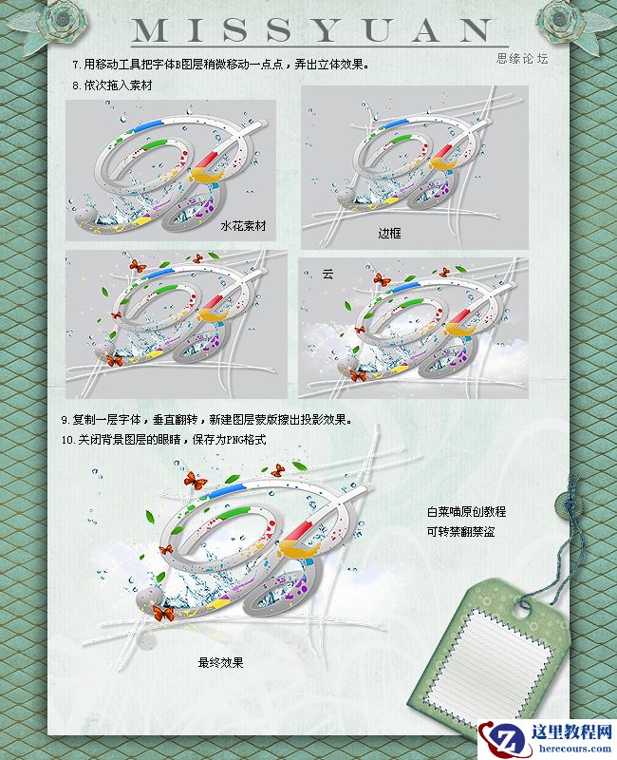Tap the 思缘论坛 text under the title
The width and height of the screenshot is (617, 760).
pyautogui.click(x=523, y=58)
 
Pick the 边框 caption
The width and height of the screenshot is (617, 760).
pyautogui.click(x=390, y=232)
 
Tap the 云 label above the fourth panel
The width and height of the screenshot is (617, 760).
pyautogui.click(x=327, y=274)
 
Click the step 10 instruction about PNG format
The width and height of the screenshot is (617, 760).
pyautogui.click(x=162, y=440)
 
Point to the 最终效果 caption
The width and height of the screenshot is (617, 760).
pyautogui.click(x=220, y=662)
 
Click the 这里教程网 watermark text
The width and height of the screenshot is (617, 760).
pyautogui.click(x=564, y=731)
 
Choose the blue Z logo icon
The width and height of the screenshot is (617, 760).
pyautogui.click(x=498, y=736)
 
